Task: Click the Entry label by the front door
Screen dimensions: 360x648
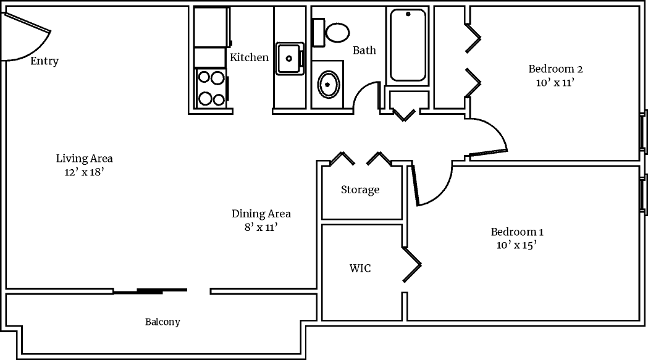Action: coord(44,61)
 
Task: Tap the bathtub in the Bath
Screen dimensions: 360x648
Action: coord(408,45)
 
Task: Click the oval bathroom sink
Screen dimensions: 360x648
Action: coord(328,85)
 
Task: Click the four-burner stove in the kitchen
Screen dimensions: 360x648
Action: coord(210,88)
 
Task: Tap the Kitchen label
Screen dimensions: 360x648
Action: coord(249,57)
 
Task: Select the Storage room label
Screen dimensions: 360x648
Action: coord(360,190)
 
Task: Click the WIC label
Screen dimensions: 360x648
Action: coord(360,269)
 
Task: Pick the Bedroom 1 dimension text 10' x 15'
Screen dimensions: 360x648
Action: coord(516,245)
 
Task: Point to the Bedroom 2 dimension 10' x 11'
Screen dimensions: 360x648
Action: coord(555,82)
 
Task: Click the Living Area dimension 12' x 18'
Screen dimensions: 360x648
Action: coord(84,172)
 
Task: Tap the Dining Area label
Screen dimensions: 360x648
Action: coord(261,214)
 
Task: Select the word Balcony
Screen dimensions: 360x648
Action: coord(162,322)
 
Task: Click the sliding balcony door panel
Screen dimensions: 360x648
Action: coord(162,290)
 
